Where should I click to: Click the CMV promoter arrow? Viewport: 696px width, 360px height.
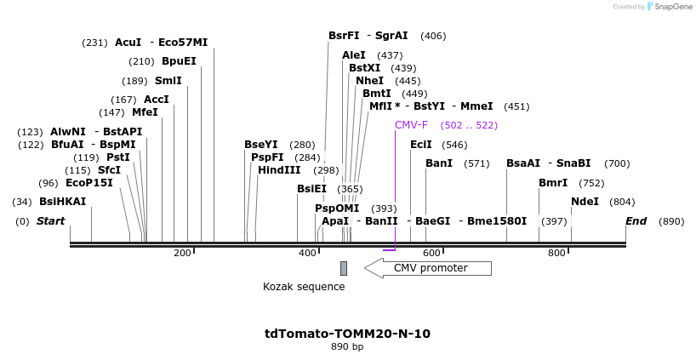pos(428,268)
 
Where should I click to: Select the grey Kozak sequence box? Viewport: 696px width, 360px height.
pos(344,268)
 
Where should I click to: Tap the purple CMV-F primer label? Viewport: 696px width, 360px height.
pos(411,125)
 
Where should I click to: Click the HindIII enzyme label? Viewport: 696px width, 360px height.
pos(279,170)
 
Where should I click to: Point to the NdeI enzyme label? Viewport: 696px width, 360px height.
pos(585,202)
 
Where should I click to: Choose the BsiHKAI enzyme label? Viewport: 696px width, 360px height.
pos(62,202)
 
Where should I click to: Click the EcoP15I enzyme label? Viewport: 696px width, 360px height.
pos(88,183)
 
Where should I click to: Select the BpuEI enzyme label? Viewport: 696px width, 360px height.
pos(179,61)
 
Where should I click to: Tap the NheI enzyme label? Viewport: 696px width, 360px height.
pos(369,81)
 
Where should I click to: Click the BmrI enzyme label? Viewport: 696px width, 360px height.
pos(552,183)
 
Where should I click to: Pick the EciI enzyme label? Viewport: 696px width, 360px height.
pos(421,145)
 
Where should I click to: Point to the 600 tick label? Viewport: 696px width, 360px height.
pos(431,253)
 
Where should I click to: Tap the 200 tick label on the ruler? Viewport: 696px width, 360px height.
pos(182,253)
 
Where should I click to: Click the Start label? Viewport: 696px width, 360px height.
pos(50,221)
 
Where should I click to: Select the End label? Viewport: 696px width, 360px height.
pos(636,221)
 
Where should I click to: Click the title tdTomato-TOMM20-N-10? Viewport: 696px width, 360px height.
pos(347,334)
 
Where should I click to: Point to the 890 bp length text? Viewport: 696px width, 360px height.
pos(347,347)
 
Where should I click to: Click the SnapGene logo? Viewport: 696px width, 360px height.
pos(667,7)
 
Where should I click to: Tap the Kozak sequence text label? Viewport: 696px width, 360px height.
pos(304,287)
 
